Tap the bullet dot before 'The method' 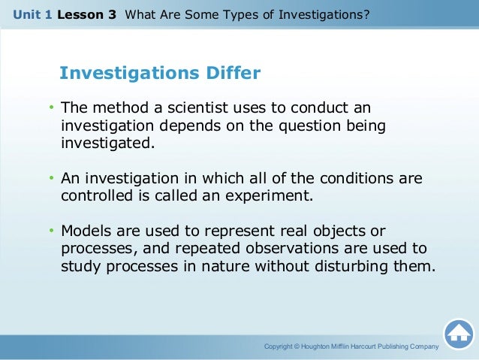point(51,109)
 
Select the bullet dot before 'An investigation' point(51,179)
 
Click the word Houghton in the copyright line point(321,346)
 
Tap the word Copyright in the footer point(281,346)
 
